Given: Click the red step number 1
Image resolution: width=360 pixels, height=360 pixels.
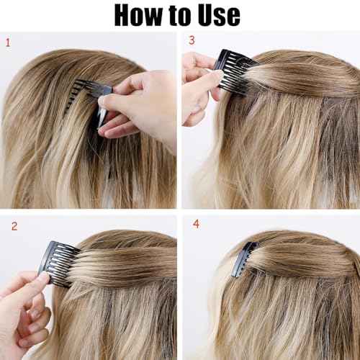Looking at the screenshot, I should pyautogui.click(x=8, y=42).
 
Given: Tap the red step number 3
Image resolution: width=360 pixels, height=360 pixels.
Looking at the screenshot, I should pyautogui.click(x=192, y=40).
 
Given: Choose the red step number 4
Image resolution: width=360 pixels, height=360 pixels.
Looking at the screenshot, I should pyautogui.click(x=197, y=225).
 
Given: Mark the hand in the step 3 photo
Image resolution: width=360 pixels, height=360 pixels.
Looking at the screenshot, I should pyautogui.click(x=198, y=79).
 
